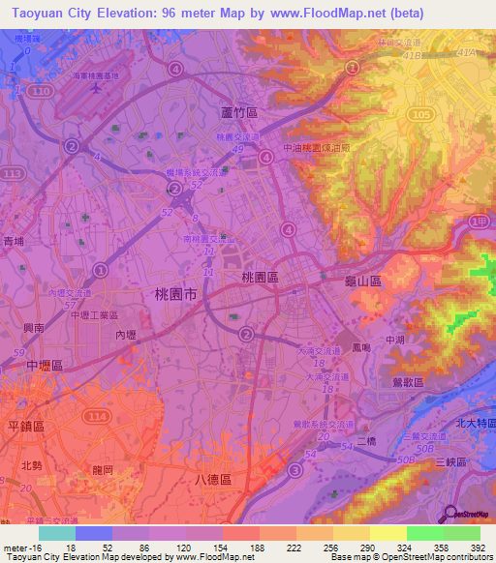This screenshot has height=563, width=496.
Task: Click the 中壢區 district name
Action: (45, 365)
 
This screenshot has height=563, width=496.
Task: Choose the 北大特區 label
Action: (473, 424)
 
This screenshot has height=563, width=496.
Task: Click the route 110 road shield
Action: (40, 90)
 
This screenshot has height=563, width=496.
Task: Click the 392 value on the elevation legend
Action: (479, 547)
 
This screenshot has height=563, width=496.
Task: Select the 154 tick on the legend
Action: (222, 547)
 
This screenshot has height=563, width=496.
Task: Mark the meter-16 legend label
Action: (21, 547)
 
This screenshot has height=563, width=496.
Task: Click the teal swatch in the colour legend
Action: (57, 533)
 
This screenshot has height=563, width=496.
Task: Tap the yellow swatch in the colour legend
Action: (387, 533)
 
